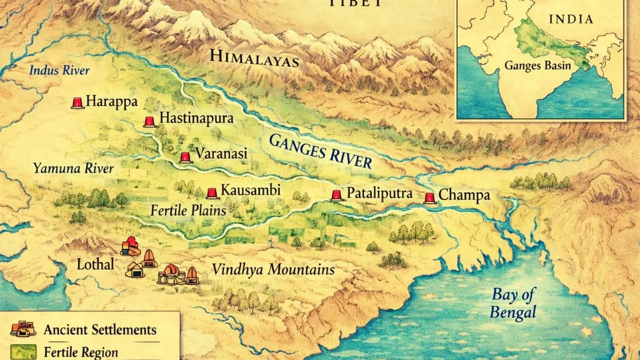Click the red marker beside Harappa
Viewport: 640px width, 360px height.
tap(78, 103)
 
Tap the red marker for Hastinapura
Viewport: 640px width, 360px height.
tap(149, 122)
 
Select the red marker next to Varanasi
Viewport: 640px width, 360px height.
tap(185, 157)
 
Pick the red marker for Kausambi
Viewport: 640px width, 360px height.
tap(212, 193)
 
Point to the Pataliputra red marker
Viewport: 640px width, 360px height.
tap(336, 195)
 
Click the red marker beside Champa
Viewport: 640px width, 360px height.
tap(429, 198)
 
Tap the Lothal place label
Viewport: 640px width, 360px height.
tap(95, 264)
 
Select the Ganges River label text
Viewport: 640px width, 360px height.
tap(320, 151)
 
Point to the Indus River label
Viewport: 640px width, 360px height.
tap(59, 70)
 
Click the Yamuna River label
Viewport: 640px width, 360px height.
tap(73, 169)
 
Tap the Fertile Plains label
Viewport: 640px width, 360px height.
tap(188, 210)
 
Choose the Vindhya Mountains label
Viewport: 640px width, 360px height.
tap(273, 269)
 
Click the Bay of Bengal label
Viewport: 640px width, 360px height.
tap(513, 303)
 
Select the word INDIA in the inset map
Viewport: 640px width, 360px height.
tap(571, 20)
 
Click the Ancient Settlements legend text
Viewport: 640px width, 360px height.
tap(100, 330)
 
